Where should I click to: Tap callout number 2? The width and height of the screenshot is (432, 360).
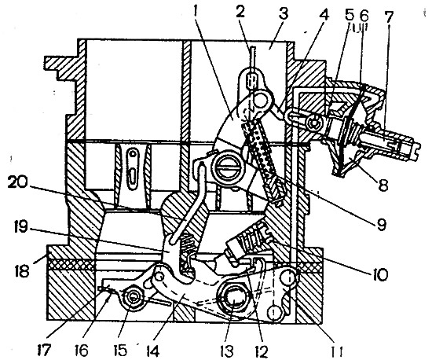pyautogui.click(x=240, y=12)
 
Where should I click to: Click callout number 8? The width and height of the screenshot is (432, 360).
pyautogui.click(x=383, y=184)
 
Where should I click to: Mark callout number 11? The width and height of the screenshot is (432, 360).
pyautogui.click(x=336, y=351)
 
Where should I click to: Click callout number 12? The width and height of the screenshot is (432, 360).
pyautogui.click(x=262, y=351)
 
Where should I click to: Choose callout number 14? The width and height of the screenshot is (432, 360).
pyautogui.click(x=152, y=351)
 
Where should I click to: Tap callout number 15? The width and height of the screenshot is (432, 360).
pyautogui.click(x=120, y=351)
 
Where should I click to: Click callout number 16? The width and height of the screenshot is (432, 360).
pyautogui.click(x=82, y=351)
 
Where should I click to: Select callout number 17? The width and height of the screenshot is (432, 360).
pyautogui.click(x=43, y=351)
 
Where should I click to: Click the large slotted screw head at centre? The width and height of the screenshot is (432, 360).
pyautogui.click(x=226, y=167)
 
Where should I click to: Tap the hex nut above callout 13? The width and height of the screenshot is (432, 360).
pyautogui.click(x=233, y=300)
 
